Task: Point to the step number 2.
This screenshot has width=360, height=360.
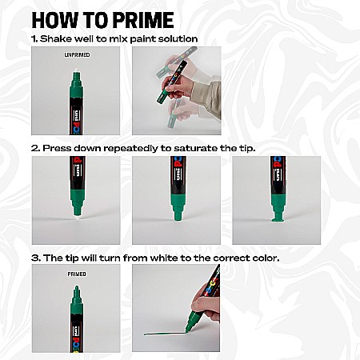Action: (x=35, y=147)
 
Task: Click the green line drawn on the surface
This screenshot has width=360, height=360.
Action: (x=164, y=332)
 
